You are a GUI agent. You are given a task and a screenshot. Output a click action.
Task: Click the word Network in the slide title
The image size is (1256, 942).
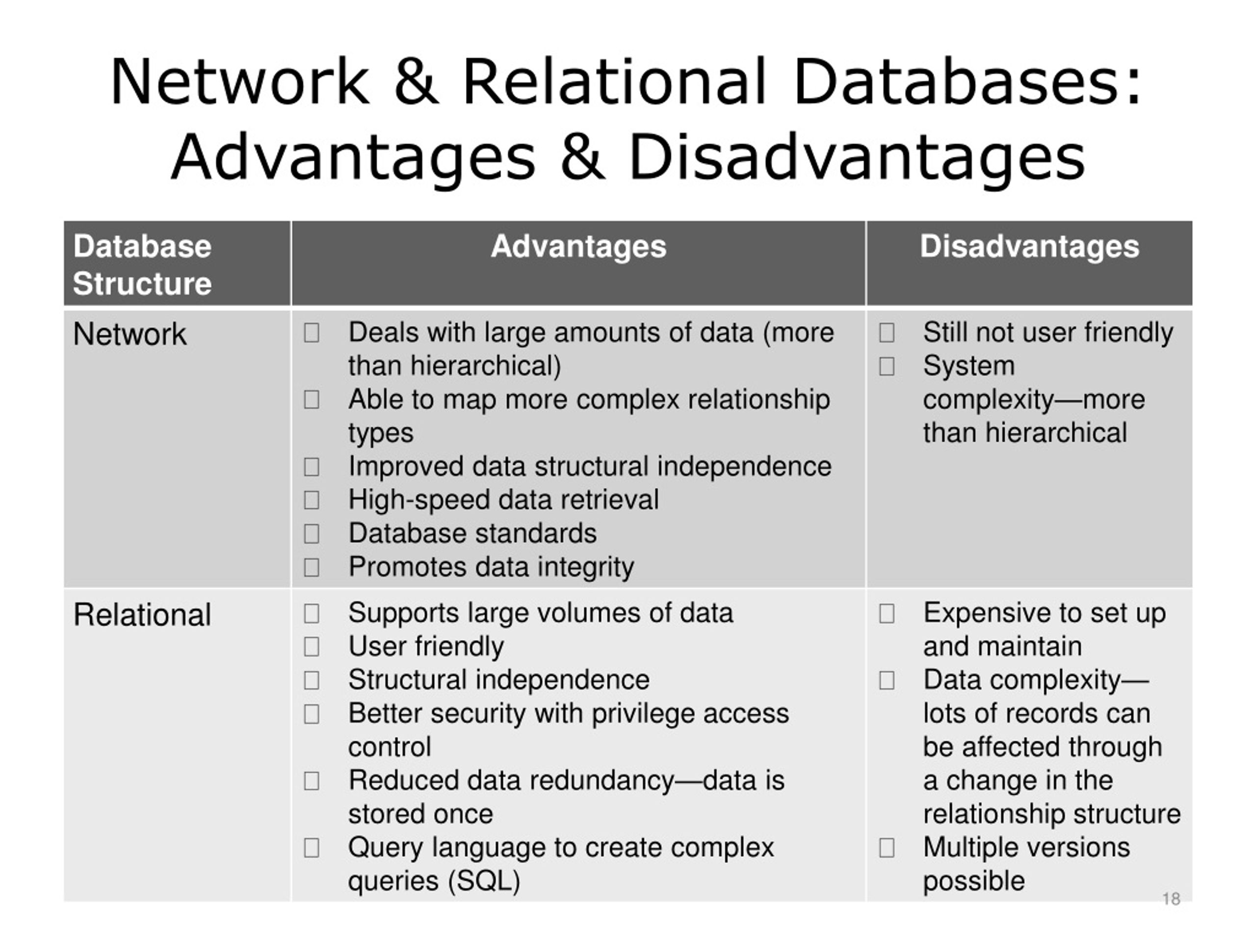coord(239,82)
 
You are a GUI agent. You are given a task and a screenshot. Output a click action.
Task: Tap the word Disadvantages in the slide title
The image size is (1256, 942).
coord(857,157)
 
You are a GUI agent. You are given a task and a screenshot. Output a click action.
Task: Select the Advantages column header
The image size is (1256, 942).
coord(578,246)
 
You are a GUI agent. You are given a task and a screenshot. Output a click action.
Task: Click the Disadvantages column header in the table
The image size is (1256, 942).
coord(1029,246)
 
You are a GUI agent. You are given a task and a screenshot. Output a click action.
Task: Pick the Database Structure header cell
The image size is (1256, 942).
coord(142,264)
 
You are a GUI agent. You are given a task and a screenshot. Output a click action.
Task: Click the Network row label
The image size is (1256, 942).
coord(130,334)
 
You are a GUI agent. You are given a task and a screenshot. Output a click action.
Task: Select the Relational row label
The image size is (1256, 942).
coord(142,614)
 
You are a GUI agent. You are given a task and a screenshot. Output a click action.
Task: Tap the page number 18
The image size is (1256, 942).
coord(1171,899)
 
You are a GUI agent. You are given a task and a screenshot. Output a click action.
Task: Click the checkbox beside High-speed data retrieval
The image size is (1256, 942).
coord(311,500)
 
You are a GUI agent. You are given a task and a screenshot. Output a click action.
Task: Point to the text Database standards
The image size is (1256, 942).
coord(472,533)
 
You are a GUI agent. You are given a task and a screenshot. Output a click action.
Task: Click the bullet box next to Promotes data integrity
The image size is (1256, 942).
coord(311,567)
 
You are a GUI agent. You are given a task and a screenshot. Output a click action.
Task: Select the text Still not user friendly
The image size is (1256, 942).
coord(1047,332)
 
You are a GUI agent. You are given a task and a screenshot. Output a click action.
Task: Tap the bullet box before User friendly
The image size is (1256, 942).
coord(311,647)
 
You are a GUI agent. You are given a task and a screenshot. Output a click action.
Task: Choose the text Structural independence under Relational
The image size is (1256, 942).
coord(498,680)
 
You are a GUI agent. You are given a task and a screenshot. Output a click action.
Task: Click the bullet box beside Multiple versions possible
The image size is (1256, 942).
coord(887,848)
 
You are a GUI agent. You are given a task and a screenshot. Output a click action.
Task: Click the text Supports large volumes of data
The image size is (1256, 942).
coord(541,613)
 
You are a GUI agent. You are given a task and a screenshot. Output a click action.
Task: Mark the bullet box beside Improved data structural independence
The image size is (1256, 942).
coord(311,467)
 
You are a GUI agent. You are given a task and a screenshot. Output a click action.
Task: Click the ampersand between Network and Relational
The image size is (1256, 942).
coord(416,82)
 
